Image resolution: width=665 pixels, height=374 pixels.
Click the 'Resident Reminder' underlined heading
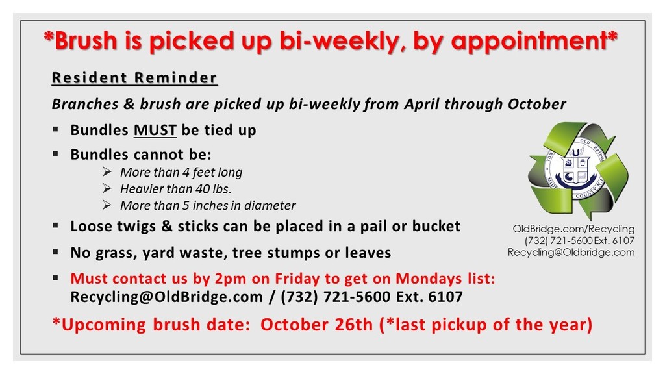click(134, 78)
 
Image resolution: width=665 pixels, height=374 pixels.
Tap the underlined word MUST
click(155, 130)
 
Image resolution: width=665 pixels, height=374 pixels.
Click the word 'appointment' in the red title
click(529, 42)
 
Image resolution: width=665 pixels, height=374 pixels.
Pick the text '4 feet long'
click(212, 173)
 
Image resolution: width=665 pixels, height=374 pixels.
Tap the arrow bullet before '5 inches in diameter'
click(107, 205)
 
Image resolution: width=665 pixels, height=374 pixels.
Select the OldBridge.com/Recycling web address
click(574, 229)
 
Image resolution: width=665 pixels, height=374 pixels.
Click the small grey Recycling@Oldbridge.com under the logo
click(571, 253)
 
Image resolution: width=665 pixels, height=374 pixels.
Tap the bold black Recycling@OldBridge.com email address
click(167, 297)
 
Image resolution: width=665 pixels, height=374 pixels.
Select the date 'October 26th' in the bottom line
click(316, 325)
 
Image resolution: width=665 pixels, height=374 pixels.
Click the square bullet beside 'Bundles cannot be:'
click(56, 153)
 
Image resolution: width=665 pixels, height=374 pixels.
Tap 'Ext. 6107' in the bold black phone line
click(430, 297)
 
